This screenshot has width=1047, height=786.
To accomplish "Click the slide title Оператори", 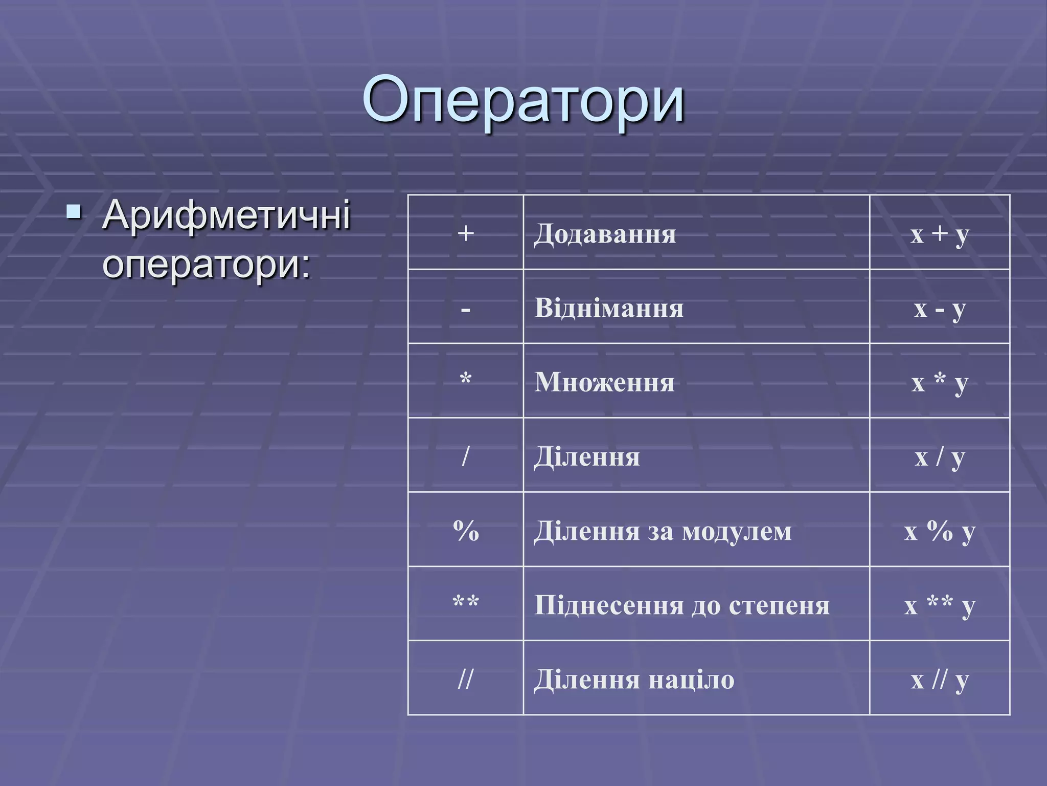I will pos(523,100).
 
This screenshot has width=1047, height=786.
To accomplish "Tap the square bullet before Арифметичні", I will pos(74,210).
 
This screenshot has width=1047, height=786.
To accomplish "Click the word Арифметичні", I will pos(226,215).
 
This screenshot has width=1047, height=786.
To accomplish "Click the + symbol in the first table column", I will pos(465,233).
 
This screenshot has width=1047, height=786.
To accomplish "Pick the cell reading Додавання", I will pos(605,234).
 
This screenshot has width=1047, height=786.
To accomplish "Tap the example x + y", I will pos(939,234).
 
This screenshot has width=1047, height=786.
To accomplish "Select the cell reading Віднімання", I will pos(608,309).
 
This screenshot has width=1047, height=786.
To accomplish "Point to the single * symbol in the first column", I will pos(465,380).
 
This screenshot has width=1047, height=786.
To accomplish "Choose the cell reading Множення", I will pos(604,382).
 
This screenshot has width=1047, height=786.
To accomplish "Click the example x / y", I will pos(939,457).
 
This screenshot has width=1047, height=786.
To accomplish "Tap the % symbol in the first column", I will pos(465,531).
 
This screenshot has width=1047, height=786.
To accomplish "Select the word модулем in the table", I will pos(737,531).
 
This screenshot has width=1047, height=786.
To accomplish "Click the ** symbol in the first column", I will pos(465,603).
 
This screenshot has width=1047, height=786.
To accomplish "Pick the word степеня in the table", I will pos(779,605).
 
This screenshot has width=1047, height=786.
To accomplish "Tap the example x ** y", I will pos(939,606).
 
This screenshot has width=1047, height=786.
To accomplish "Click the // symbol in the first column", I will pos(465,679).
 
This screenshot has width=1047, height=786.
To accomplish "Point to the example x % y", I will pos(939,532).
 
